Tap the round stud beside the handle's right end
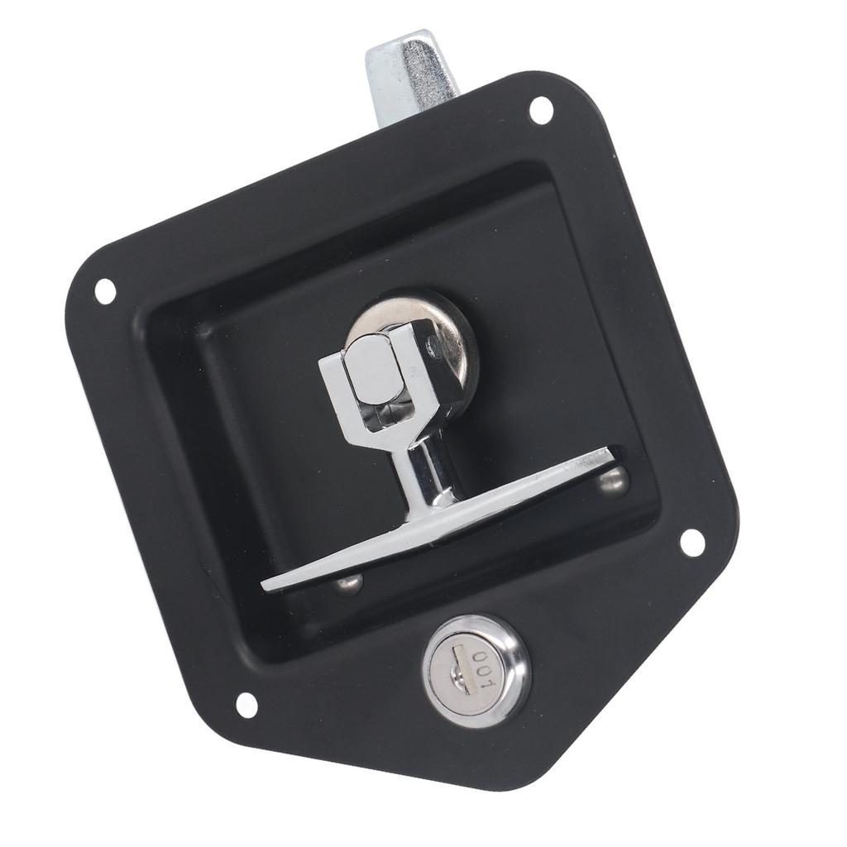(615, 481)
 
